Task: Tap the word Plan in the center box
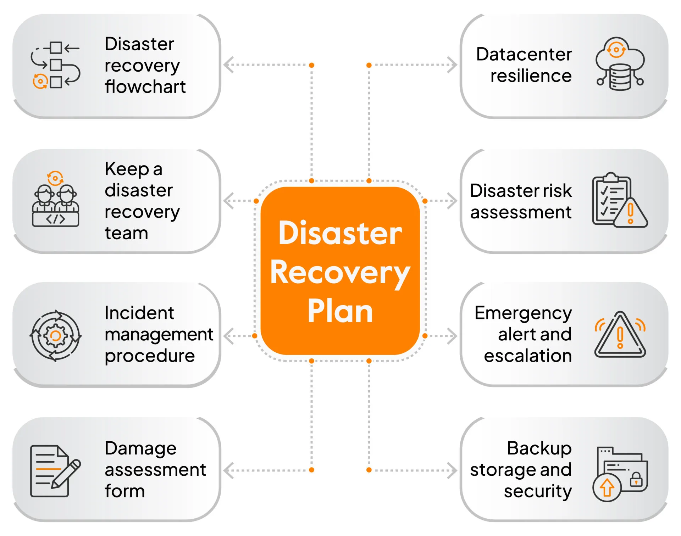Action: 340,311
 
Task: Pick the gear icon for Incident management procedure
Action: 55,336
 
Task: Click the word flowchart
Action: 145,87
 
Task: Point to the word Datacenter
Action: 524,54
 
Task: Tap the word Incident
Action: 139,313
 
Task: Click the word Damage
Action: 140,448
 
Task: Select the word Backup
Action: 539,448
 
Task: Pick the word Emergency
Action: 523,313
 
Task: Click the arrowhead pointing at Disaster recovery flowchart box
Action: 228,65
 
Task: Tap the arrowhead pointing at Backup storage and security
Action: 452,470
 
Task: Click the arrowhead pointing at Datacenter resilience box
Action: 452,65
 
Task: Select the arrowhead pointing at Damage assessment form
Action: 228,470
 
